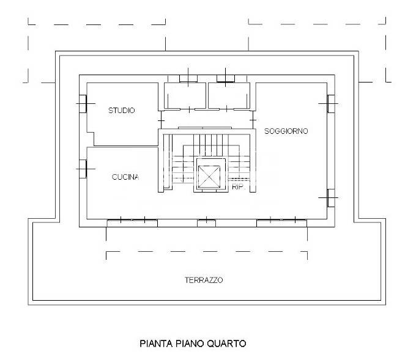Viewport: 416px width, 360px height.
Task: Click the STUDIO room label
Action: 122,110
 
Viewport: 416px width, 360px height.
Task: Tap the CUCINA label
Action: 125,177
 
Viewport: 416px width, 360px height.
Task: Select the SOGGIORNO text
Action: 286,131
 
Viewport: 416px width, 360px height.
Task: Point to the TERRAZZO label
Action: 204,280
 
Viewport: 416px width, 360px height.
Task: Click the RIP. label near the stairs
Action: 237,187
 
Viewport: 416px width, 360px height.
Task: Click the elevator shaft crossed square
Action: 209,177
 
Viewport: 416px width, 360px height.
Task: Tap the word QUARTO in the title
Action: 226,343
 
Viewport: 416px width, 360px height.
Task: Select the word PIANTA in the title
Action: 157,343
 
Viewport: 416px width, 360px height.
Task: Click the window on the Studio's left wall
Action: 83,104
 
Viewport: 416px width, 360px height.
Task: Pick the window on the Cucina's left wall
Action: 83,169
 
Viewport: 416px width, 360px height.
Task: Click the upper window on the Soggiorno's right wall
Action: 331,104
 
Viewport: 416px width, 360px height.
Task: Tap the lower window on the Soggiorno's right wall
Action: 331,198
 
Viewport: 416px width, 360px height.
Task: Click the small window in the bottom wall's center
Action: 206,223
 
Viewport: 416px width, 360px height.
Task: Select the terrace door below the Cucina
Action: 132,223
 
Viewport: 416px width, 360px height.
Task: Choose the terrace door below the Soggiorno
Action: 282,223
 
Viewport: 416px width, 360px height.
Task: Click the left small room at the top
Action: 185,96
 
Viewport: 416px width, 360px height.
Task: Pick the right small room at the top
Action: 229,96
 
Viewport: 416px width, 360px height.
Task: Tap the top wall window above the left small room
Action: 188,78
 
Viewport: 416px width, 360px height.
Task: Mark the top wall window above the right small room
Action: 226,78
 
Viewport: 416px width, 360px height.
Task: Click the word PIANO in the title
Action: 190,343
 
